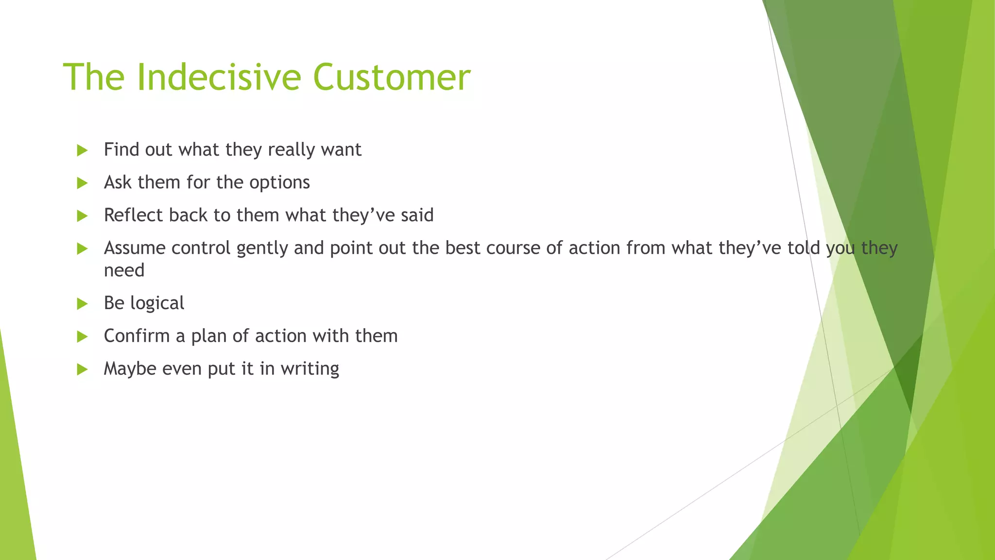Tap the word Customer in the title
tap(392, 77)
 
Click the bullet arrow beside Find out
tap(82, 151)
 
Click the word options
tap(279, 183)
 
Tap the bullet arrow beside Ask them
tap(82, 183)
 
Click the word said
tap(417, 215)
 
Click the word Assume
tap(135, 248)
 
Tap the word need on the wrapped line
tap(124, 270)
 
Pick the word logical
tap(157, 304)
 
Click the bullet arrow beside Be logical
tap(82, 304)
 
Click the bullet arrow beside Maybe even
tap(82, 370)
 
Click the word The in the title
tap(94, 77)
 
